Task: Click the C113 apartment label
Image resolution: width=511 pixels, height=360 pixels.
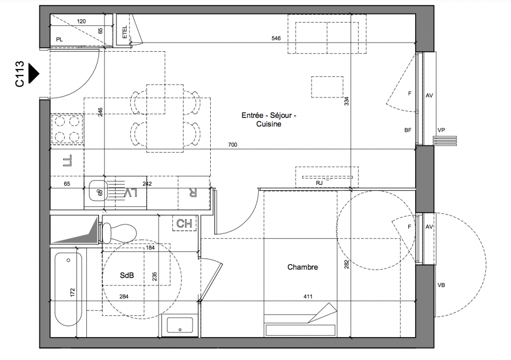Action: pyautogui.click(x=19, y=74)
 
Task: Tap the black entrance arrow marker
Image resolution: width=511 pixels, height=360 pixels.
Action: pyautogui.click(x=34, y=73)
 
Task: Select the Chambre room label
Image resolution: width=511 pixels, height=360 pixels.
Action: pyautogui.click(x=303, y=267)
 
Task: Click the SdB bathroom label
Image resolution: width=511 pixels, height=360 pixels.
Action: pyautogui.click(x=127, y=275)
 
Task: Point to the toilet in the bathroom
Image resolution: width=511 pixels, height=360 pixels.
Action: pyautogui.click(x=118, y=233)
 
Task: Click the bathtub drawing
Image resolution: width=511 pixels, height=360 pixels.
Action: pyautogui.click(x=68, y=289)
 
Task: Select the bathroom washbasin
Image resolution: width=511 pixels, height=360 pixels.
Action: pyautogui.click(x=180, y=325)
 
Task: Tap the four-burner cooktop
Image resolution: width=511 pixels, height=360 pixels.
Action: pyautogui.click(x=67, y=129)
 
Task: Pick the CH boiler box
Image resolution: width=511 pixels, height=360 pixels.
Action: pyautogui.click(x=184, y=224)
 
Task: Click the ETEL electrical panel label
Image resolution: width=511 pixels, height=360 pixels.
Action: pyautogui.click(x=125, y=32)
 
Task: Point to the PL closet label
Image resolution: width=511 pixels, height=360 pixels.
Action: pyautogui.click(x=59, y=40)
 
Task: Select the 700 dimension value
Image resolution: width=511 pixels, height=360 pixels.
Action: pyautogui.click(x=232, y=144)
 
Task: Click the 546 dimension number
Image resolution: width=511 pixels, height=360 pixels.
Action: pyautogui.click(x=276, y=38)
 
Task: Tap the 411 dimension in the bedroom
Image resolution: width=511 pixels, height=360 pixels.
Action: pyautogui.click(x=308, y=297)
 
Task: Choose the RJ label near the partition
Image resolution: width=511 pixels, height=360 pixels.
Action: pyautogui.click(x=319, y=183)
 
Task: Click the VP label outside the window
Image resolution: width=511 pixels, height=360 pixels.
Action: pyautogui.click(x=441, y=130)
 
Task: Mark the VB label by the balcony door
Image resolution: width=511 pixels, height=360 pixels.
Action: pyautogui.click(x=441, y=285)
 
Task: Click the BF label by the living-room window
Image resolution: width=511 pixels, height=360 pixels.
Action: pyautogui.click(x=408, y=130)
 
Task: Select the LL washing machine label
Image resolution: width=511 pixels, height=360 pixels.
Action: pyautogui.click(x=68, y=161)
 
